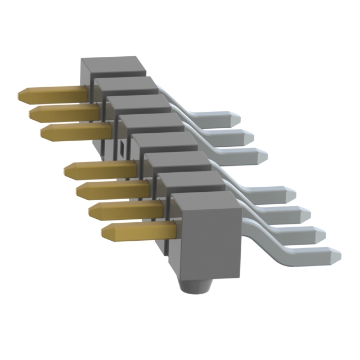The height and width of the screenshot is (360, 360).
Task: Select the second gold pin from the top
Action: point(62,113)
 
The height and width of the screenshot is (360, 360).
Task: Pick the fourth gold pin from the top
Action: point(98,168)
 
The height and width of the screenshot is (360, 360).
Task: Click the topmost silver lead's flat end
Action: point(225,119)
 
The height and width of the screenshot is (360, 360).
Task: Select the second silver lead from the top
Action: point(236,136)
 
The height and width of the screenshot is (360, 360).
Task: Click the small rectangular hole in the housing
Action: point(121,148)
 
